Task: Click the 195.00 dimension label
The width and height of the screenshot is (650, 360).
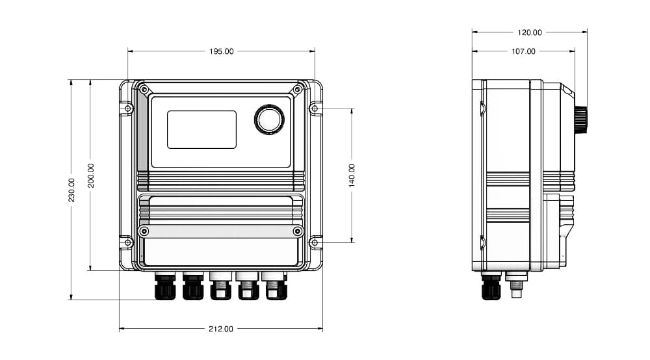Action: tap(222, 51)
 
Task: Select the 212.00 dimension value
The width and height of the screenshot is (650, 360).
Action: tap(221, 329)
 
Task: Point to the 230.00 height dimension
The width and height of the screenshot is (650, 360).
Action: tap(71, 190)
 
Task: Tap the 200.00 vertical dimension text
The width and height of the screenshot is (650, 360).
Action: tap(91, 175)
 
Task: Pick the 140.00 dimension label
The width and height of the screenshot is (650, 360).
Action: tap(352, 175)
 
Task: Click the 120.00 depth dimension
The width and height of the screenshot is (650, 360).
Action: tap(530, 32)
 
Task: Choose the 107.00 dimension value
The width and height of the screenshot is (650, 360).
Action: tap(523, 51)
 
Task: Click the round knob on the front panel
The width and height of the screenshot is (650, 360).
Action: tap(269, 120)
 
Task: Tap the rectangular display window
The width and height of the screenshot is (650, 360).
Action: tap(202, 129)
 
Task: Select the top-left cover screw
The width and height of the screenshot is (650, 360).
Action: tap(144, 90)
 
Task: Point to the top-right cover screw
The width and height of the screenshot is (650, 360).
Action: tap(297, 90)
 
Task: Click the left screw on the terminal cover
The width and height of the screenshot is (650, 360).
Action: tap(144, 231)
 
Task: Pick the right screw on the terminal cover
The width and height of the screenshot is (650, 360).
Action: tap(298, 231)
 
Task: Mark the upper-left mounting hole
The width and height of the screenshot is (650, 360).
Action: tap(128, 109)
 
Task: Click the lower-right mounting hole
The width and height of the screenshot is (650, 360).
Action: tap(314, 242)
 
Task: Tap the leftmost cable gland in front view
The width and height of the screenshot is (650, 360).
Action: tap(165, 285)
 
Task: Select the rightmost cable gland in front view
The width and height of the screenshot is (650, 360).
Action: tap(276, 285)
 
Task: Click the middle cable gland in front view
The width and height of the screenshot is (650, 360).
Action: tap(220, 285)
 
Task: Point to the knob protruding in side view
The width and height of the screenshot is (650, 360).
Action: tap(580, 120)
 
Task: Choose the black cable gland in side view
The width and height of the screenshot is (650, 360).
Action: tap(491, 285)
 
